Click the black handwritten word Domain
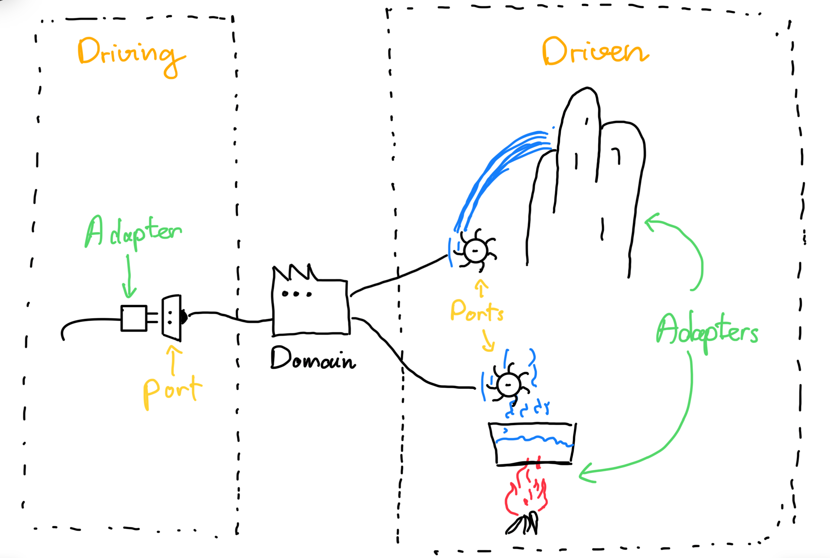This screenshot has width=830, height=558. [x=313, y=358]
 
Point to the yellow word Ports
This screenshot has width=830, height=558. [x=477, y=311]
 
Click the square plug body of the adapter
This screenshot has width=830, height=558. [x=134, y=318]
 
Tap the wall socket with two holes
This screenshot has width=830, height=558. [x=172, y=318]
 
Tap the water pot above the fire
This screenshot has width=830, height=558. [x=532, y=443]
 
